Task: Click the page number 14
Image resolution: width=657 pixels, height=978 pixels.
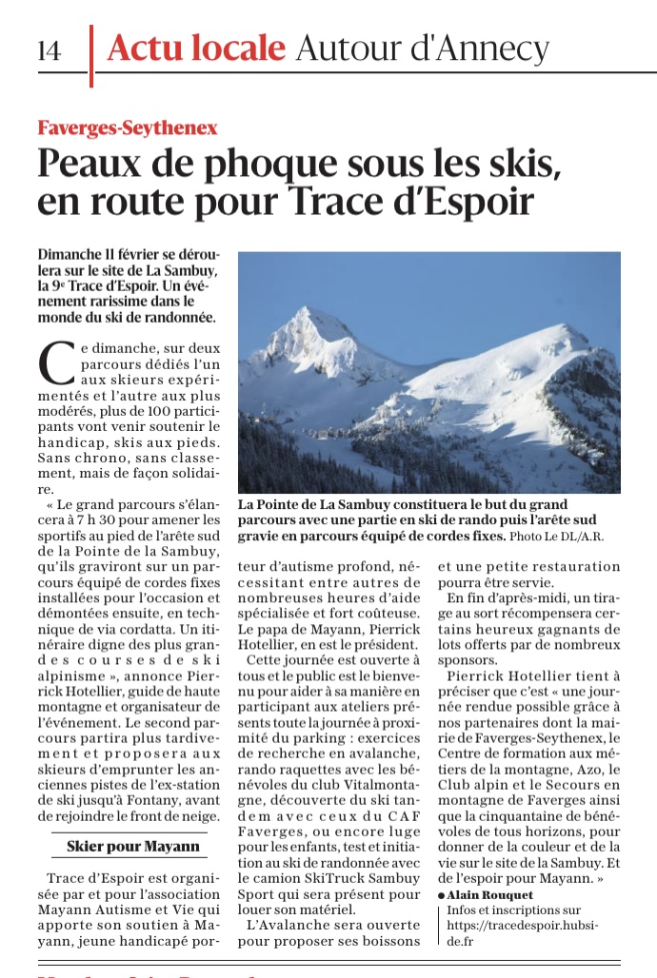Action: tap(49, 50)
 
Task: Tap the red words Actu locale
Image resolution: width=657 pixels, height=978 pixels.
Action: tap(196, 47)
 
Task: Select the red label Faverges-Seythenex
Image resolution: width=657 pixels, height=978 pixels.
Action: tap(128, 127)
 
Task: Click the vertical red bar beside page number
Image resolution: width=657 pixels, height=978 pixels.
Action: tap(91, 55)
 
